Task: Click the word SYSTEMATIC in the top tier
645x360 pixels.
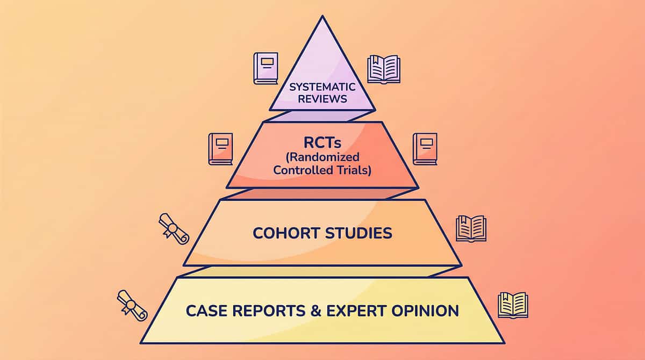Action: pyautogui.click(x=322, y=87)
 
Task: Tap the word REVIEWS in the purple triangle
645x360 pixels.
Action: pyautogui.click(x=322, y=99)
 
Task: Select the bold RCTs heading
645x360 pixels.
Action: pyautogui.click(x=322, y=144)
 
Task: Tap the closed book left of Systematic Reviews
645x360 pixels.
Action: pyautogui.click(x=266, y=68)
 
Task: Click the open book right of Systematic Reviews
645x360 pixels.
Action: pyautogui.click(x=384, y=69)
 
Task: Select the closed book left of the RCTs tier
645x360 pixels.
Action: pyautogui.click(x=220, y=149)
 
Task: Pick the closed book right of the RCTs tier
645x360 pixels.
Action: pyautogui.click(x=425, y=149)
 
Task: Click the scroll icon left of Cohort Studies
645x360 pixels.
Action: pyautogui.click(x=174, y=229)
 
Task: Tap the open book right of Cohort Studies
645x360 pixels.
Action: pyautogui.click(x=471, y=228)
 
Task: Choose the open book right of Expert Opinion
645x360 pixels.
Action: pyautogui.click(x=513, y=305)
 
